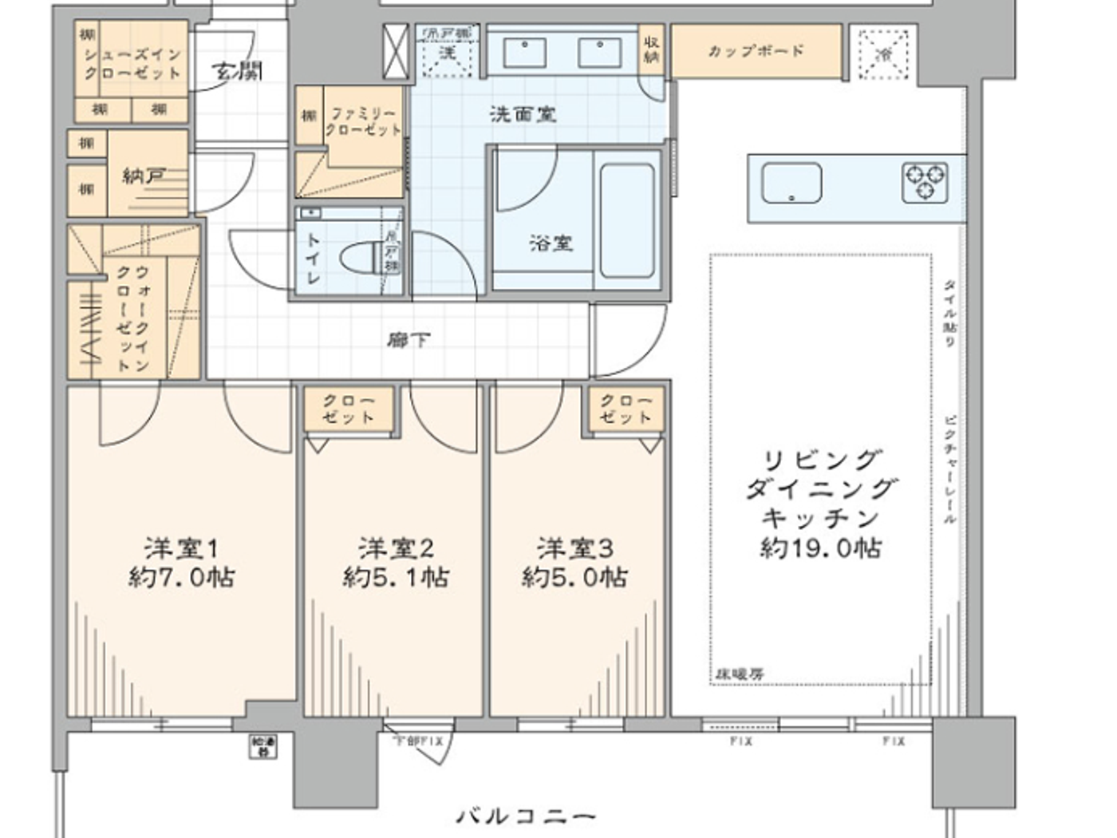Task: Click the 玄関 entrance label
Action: [237, 71]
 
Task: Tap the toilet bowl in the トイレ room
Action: [361, 257]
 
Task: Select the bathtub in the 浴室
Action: [627, 220]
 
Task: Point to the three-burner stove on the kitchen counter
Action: [925, 183]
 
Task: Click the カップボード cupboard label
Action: [756, 51]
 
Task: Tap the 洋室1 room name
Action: [181, 548]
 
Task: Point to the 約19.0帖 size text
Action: [820, 548]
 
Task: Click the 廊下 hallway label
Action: [409, 341]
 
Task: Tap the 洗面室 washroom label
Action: [523, 114]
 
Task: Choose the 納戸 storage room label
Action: [143, 176]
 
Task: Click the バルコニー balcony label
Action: [527, 816]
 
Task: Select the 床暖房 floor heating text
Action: [738, 674]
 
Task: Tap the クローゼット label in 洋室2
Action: [348, 409]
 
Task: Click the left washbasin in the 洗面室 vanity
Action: [523, 53]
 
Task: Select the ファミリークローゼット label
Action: [362, 121]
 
